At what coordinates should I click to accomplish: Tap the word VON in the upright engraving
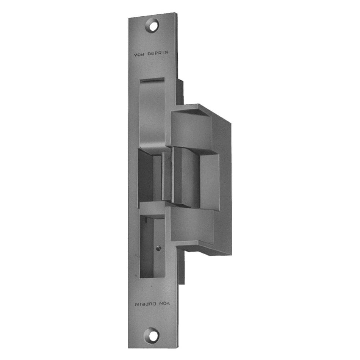(x=139, y=55)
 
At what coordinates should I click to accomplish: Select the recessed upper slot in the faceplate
(x=152, y=110)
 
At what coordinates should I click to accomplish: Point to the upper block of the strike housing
(x=191, y=129)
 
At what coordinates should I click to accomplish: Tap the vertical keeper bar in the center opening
(x=167, y=176)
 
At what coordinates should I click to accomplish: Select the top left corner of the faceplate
(x=129, y=18)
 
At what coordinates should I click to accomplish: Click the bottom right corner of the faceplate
(x=177, y=347)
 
